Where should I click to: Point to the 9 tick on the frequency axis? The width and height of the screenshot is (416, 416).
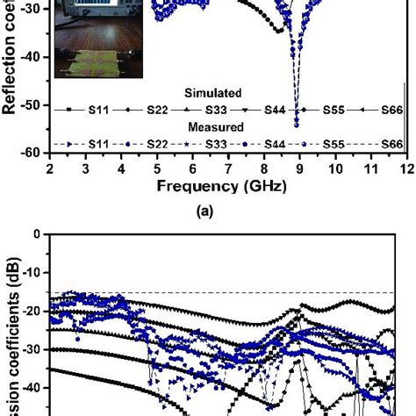click(x=300, y=168)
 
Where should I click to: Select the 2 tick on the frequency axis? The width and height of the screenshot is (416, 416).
click(x=50, y=168)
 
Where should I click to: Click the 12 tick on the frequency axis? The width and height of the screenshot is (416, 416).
click(x=405, y=168)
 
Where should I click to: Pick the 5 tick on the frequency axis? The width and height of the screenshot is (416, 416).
click(x=157, y=168)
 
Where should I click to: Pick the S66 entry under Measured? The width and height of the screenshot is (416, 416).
click(x=391, y=144)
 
